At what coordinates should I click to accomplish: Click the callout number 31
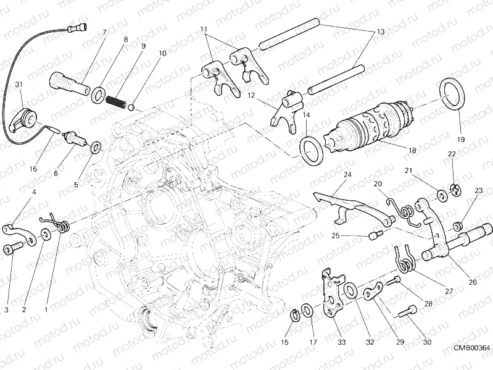point(19,84)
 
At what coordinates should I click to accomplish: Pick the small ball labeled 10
point(131,107)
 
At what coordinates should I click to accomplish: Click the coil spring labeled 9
point(116,101)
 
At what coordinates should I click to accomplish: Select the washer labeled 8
point(97,95)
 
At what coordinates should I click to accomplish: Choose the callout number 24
point(347,175)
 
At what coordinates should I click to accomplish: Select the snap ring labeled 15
point(296,316)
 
